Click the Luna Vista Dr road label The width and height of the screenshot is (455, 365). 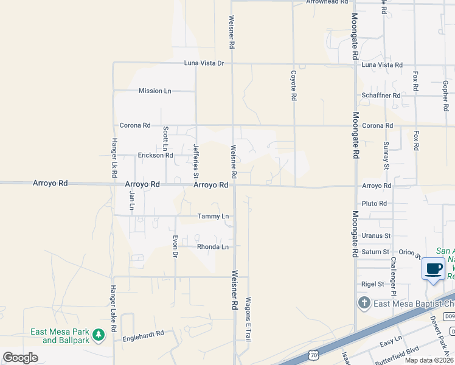pyautogui.click(x=204, y=63)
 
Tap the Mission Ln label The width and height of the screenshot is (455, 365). pyautogui.click(x=155, y=91)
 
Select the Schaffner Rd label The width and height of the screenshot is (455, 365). pyautogui.click(x=381, y=96)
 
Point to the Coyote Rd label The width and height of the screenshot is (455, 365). pyautogui.click(x=293, y=85)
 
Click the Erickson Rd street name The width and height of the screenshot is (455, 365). pyautogui.click(x=155, y=155)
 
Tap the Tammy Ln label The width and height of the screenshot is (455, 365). pyautogui.click(x=213, y=216)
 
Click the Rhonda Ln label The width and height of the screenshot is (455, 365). pyautogui.click(x=212, y=246)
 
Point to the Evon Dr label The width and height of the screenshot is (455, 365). pyautogui.click(x=175, y=246)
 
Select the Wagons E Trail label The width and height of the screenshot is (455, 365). pyautogui.click(x=248, y=318)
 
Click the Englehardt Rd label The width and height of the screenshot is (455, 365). pyautogui.click(x=144, y=334)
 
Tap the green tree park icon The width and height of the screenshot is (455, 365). pyautogui.click(x=97, y=334)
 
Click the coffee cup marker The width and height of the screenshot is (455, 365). pyautogui.click(x=433, y=268)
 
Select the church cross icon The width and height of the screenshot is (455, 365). pyautogui.click(x=363, y=303)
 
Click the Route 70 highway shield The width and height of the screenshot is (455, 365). pyautogui.click(x=312, y=352)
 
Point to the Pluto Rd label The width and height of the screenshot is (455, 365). pyautogui.click(x=375, y=203)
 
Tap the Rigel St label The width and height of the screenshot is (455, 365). pyautogui.click(x=373, y=283)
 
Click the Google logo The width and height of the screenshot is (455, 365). pyautogui.click(x=21, y=358)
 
